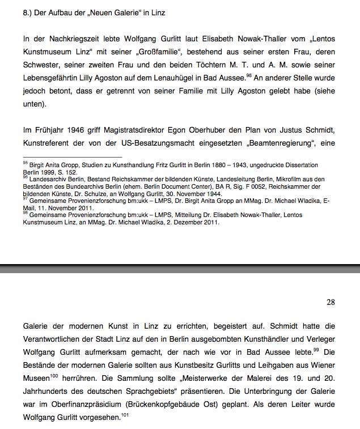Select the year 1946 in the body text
(x=77, y=130)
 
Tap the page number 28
(x=331, y=302)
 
